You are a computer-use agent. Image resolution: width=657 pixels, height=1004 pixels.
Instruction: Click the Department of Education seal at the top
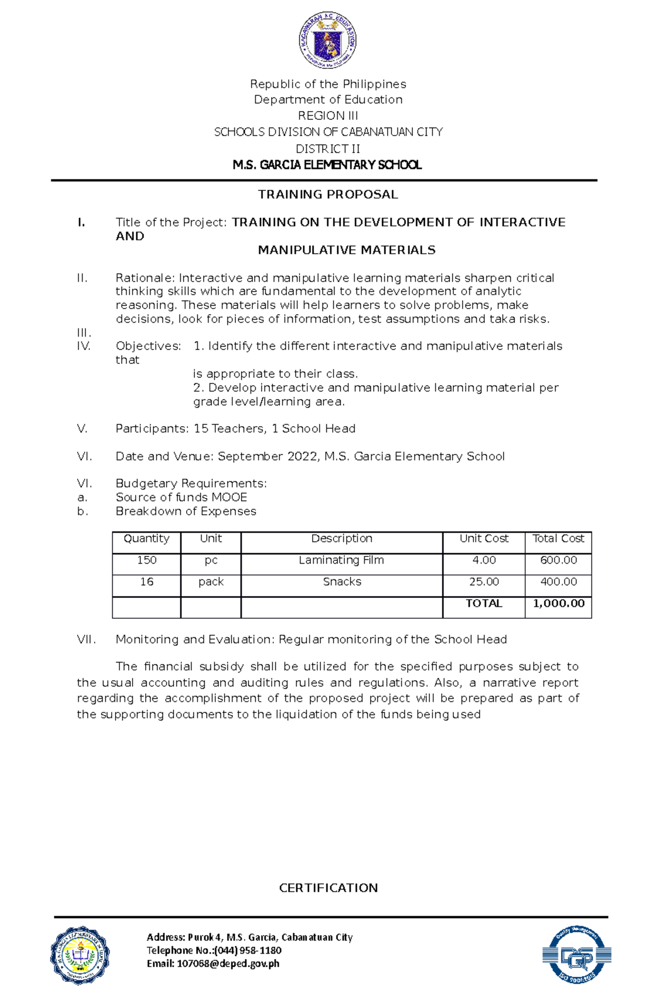click(x=327, y=40)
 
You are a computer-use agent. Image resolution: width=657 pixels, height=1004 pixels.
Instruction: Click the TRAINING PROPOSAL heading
click(x=328, y=194)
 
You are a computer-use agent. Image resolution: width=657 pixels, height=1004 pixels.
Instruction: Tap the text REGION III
click(x=328, y=115)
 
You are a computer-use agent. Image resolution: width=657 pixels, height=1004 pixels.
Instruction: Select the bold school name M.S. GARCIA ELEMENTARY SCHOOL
click(x=327, y=165)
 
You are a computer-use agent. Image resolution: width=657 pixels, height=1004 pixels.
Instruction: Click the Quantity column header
click(x=146, y=538)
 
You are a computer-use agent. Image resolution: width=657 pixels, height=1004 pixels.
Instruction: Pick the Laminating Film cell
click(x=341, y=560)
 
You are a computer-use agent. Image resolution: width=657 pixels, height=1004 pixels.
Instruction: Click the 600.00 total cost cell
click(x=558, y=560)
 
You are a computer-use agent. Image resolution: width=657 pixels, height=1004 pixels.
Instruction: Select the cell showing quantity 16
click(x=146, y=582)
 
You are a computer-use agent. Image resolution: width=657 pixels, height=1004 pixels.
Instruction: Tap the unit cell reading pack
click(x=211, y=582)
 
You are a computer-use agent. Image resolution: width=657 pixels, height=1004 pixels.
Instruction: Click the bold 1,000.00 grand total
click(x=558, y=603)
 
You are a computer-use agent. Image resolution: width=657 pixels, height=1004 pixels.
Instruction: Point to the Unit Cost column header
click(x=483, y=538)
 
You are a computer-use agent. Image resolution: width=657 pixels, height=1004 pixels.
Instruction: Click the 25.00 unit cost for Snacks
click(x=483, y=582)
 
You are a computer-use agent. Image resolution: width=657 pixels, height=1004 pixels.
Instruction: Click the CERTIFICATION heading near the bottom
click(x=328, y=887)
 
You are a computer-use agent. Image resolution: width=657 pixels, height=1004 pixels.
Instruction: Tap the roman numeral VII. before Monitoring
click(x=87, y=639)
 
